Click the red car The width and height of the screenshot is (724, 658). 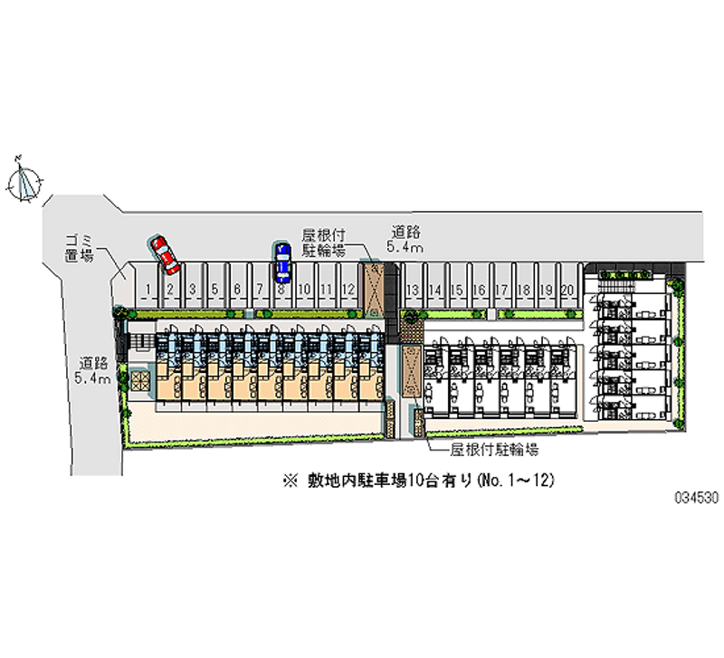pos(165,254)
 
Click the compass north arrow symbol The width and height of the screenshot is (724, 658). pos(24,180)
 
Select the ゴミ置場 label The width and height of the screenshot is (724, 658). pos(80,248)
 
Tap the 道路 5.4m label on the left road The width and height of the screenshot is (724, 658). pos(93,371)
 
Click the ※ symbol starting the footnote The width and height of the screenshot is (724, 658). pos(289,482)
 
